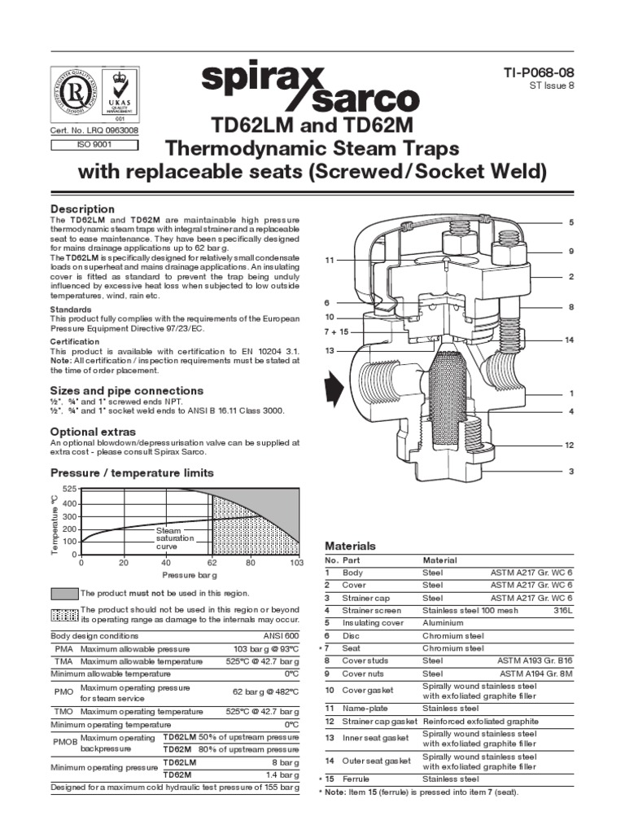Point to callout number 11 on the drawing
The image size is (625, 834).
(329, 260)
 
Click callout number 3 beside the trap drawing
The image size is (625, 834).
(571, 471)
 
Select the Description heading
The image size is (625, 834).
(83, 209)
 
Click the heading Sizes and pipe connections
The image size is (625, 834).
(127, 390)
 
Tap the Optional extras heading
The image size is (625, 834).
(94, 431)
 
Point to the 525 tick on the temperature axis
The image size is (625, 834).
(70, 489)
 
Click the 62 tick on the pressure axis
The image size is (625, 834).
(212, 563)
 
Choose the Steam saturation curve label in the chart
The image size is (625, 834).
(173, 538)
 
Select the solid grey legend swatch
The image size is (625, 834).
(64, 594)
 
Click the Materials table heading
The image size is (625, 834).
(350, 546)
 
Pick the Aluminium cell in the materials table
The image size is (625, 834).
(444, 622)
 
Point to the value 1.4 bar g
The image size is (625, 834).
(284, 775)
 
